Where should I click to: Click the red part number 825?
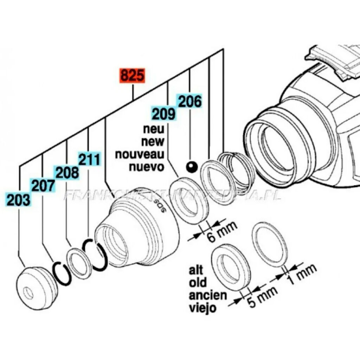[x=133, y=76]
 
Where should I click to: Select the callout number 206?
[x=190, y=102]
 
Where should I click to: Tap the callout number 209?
[x=163, y=114]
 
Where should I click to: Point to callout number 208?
[x=66, y=173]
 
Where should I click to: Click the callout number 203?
[x=18, y=200]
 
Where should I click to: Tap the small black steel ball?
[x=192, y=167]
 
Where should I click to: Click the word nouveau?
[x=140, y=154]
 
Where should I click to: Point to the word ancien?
[x=208, y=295]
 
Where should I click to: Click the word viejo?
[x=202, y=308]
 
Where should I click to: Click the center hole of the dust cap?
[x=28, y=292]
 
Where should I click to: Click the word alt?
[x=197, y=270]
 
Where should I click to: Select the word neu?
[x=154, y=129]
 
